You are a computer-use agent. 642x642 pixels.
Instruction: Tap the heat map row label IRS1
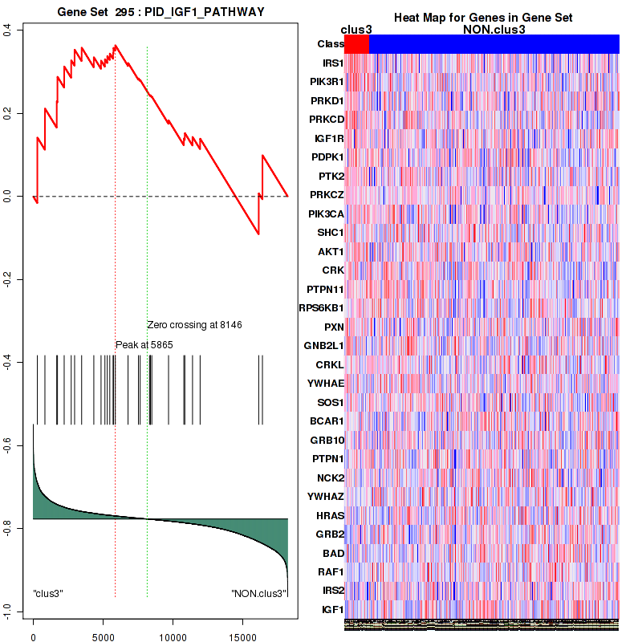pos(331,63)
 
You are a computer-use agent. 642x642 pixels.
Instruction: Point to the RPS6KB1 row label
pos(321,307)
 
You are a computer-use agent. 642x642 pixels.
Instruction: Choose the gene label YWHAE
pos(326,383)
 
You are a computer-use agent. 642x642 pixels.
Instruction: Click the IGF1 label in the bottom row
pos(331,610)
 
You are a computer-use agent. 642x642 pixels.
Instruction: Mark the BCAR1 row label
pos(327,421)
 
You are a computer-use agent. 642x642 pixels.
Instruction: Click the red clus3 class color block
pos(356,44)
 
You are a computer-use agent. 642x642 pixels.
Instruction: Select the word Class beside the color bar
pos(331,44)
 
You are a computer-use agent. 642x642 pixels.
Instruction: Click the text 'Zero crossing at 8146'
pos(194,325)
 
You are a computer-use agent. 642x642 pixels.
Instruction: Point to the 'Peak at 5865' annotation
pos(144,344)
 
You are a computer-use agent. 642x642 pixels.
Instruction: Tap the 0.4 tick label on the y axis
pos(7,30)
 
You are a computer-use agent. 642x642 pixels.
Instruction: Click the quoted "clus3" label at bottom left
pos(48,593)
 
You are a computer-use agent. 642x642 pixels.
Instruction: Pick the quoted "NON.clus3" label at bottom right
pos(258,593)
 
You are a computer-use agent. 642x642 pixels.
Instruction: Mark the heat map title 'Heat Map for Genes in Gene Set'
pos(482,18)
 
